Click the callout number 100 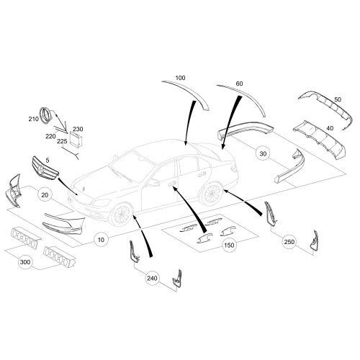tap(179, 77)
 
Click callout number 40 tap(330, 127)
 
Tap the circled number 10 tap(100, 238)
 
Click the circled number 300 tap(26, 264)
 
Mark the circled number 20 tap(45, 194)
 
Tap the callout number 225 tap(63, 141)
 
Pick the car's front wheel tap(123, 214)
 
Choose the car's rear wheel tap(212, 193)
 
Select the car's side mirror tap(154, 183)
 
